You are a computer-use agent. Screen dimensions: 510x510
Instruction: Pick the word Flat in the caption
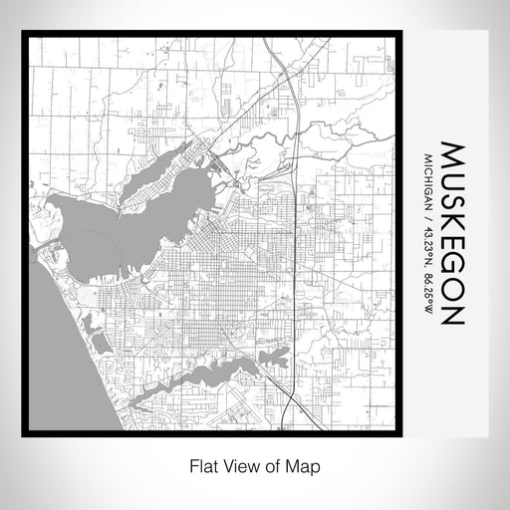click(197, 465)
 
